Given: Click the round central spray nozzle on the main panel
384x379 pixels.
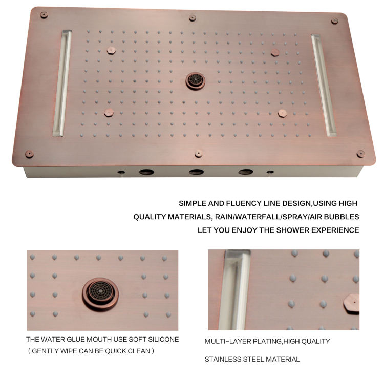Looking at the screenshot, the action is click(x=195, y=80).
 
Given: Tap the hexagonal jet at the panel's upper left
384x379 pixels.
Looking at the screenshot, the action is click(x=111, y=51).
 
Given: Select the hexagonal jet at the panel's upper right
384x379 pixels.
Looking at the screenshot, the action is click(x=275, y=52).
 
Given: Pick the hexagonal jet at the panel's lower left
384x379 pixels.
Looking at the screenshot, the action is click(x=109, y=113).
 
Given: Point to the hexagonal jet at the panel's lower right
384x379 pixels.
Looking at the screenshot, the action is click(x=282, y=113).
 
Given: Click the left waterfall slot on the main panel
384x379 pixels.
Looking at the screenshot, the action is click(x=62, y=83).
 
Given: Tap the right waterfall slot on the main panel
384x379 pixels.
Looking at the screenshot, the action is click(x=324, y=85).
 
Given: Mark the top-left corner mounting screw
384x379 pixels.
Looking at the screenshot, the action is click(x=44, y=15).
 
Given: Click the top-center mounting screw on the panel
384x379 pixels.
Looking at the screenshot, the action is click(x=192, y=18).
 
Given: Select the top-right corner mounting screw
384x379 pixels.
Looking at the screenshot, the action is click(x=334, y=21).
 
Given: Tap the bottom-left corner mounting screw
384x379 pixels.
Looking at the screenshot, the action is click(x=29, y=154).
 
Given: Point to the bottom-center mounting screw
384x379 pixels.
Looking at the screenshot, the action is click(x=198, y=154).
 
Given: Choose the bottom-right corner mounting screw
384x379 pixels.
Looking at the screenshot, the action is click(x=360, y=154).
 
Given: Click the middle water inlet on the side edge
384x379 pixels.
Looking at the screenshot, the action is click(x=197, y=172).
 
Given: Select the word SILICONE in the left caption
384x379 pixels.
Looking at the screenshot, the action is click(x=163, y=340).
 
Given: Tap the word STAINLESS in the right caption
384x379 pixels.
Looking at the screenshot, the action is click(x=223, y=359).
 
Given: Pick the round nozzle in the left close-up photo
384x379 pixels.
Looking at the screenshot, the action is click(x=100, y=294).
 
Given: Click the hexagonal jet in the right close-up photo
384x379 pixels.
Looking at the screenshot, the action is click(x=352, y=304).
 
